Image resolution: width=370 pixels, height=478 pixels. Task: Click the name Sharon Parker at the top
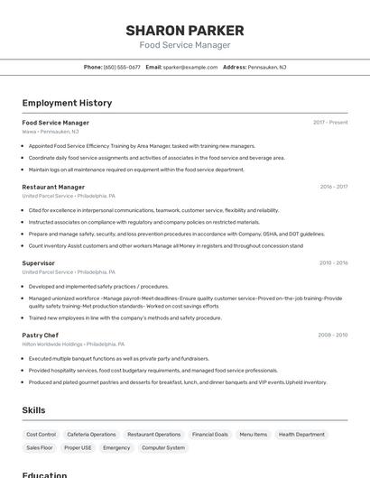click(184, 31)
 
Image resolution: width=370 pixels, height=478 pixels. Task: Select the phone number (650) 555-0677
click(122, 67)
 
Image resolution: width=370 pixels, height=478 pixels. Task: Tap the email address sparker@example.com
click(190, 67)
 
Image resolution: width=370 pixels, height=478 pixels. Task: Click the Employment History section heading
click(67, 104)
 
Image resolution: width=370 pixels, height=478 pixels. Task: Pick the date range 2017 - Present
click(330, 123)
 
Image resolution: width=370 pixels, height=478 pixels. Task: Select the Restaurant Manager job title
click(53, 188)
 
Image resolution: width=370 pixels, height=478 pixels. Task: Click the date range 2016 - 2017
click(333, 188)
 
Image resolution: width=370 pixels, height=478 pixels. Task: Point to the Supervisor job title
click(38, 263)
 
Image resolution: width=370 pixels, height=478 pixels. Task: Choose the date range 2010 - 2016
click(333, 263)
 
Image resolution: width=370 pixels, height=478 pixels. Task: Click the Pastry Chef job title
click(40, 336)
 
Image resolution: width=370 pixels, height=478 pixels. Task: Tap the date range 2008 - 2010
click(333, 336)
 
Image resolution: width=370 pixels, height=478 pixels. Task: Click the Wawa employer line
click(50, 131)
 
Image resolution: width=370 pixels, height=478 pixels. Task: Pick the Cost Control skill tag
click(41, 435)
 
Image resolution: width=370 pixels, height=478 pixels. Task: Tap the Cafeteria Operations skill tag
click(91, 435)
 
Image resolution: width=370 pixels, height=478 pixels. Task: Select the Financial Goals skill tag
click(210, 435)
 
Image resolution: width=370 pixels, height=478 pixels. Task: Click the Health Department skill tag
click(301, 435)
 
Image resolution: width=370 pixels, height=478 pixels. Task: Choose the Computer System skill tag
click(163, 447)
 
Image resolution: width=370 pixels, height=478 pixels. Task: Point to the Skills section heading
click(33, 410)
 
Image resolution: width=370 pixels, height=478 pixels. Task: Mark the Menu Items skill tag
click(253, 435)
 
